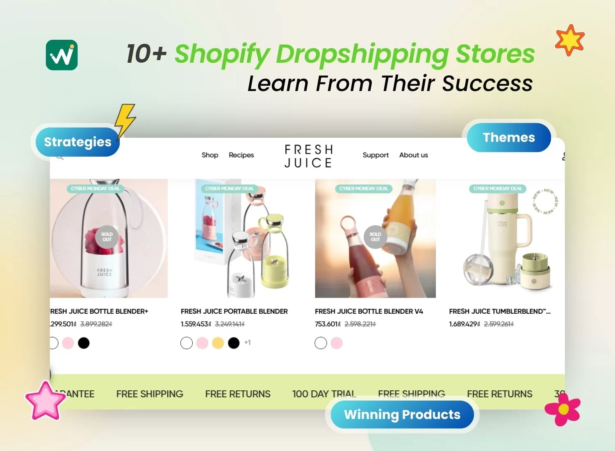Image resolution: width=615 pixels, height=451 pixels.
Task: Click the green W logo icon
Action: [x=61, y=55]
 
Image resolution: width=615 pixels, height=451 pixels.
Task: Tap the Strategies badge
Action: [x=77, y=142]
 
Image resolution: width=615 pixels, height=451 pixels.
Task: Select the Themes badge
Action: [x=509, y=137]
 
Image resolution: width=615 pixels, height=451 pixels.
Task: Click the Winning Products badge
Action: [x=402, y=415]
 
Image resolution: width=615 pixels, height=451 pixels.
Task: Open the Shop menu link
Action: [x=210, y=155]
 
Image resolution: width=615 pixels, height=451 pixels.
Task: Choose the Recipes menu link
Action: [x=241, y=155]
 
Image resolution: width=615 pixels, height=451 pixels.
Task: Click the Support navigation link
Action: [x=376, y=155]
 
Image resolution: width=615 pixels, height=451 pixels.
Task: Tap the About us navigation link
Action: [x=413, y=155]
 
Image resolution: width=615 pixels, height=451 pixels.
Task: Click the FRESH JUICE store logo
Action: [x=309, y=156]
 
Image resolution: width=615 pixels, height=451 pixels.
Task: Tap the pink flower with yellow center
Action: [x=563, y=409]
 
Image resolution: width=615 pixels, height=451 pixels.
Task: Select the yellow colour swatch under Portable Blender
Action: [x=218, y=343]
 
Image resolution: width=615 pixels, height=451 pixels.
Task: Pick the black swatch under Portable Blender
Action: [x=234, y=343]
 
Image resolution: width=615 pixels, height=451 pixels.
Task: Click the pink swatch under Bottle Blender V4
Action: [x=337, y=343]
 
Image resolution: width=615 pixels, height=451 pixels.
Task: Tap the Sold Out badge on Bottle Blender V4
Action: [x=375, y=237]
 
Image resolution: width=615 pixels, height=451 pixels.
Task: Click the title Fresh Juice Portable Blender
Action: [x=234, y=311]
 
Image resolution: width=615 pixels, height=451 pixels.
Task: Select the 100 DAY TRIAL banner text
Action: [x=324, y=394]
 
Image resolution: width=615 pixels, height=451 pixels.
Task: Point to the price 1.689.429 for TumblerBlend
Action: [x=464, y=324]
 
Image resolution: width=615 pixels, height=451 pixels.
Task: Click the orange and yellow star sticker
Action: [x=570, y=40]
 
